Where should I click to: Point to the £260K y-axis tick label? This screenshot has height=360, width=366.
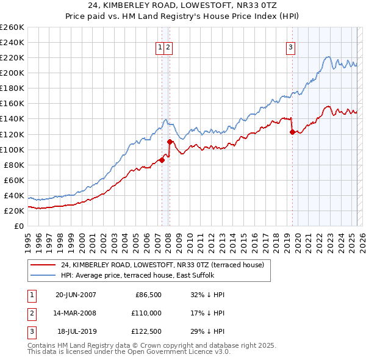point(12,27)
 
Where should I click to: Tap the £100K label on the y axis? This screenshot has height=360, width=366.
point(12,149)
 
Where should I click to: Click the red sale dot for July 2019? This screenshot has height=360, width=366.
point(292,132)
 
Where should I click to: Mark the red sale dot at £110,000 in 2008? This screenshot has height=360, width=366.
point(170,142)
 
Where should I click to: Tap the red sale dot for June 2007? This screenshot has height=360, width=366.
point(162,160)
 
